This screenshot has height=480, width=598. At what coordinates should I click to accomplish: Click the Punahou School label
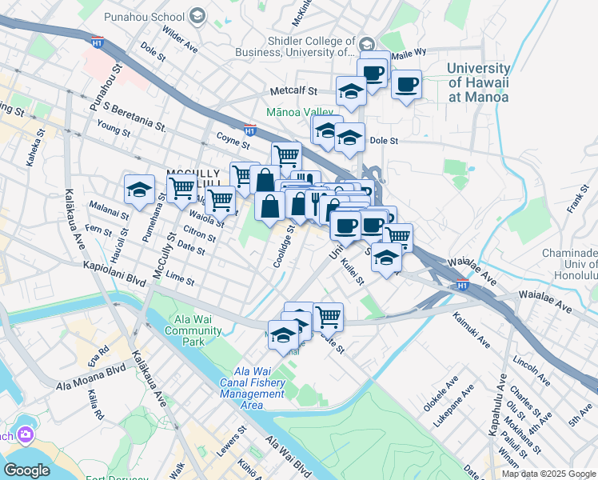(151, 16)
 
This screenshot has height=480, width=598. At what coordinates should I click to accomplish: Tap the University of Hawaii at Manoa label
(478, 83)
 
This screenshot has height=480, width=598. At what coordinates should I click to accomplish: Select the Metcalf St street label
(294, 91)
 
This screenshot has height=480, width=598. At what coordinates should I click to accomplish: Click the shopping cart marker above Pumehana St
(182, 190)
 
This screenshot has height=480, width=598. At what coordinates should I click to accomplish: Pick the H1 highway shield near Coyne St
(249, 129)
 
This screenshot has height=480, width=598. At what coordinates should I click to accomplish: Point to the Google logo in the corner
(26, 470)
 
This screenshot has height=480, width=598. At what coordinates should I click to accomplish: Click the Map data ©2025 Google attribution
(549, 474)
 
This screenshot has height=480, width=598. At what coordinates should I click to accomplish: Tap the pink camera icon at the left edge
(26, 434)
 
